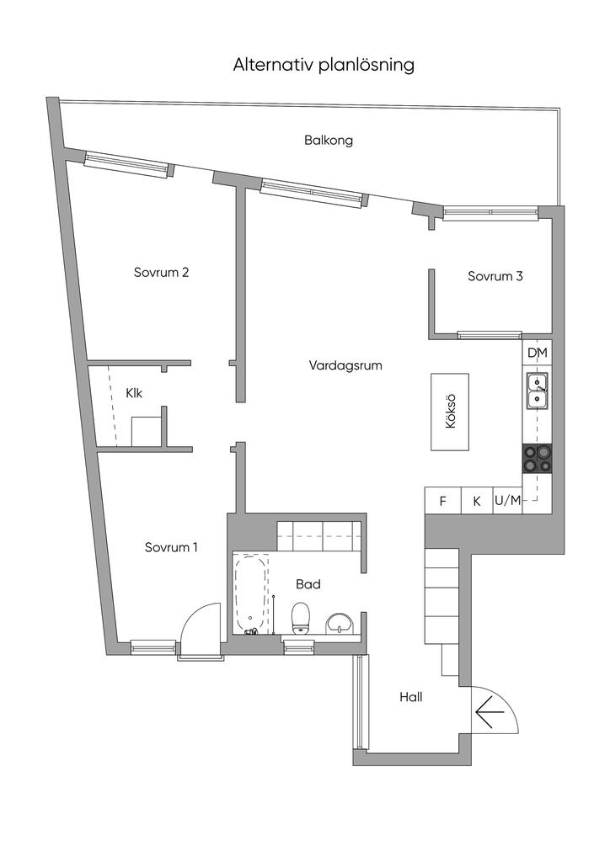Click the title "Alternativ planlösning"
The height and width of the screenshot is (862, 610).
[x=324, y=65]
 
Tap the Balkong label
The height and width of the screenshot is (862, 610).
[x=329, y=141]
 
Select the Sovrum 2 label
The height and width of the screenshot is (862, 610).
[x=161, y=273]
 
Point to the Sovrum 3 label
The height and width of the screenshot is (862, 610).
[x=495, y=276]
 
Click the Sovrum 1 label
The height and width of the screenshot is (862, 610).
[x=171, y=547]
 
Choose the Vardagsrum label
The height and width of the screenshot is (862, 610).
[x=346, y=366]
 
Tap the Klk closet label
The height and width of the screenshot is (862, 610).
[x=133, y=393]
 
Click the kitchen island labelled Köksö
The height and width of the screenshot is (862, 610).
[x=450, y=412]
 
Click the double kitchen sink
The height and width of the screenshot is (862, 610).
[x=537, y=391]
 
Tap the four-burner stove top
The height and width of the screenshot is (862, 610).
[x=537, y=458]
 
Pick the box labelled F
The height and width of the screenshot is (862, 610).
[x=443, y=501]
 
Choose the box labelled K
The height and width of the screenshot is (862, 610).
[x=476, y=501]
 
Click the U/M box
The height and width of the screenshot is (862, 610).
[x=507, y=501]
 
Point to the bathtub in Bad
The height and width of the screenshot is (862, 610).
[x=251, y=592]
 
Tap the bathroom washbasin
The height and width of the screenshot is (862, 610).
[x=340, y=623]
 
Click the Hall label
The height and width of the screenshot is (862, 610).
[x=411, y=697]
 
